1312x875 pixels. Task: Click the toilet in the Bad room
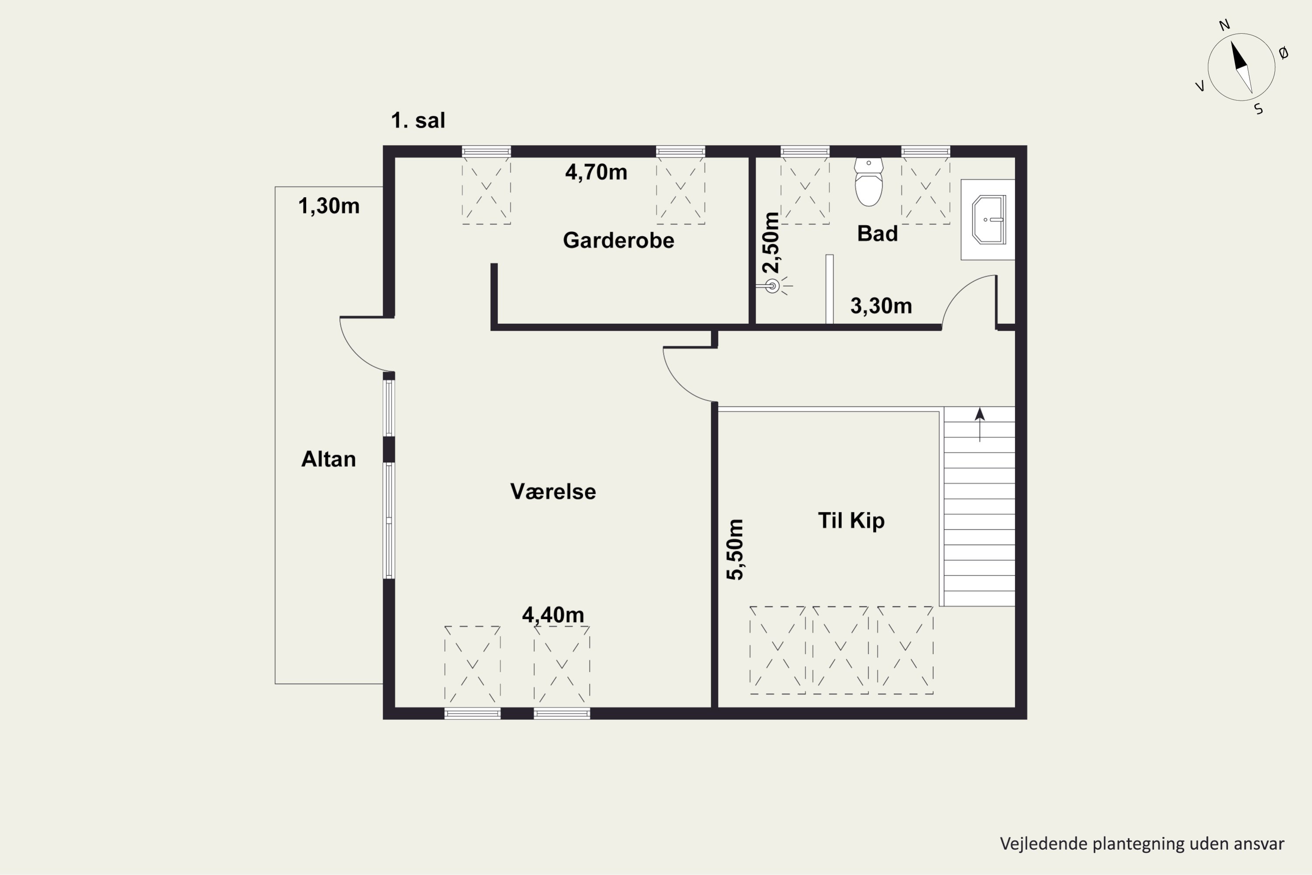(869, 182)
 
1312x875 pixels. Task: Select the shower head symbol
(774, 286)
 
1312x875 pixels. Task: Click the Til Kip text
(851, 521)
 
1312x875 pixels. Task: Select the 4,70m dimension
(597, 172)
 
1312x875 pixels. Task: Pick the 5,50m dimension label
(735, 549)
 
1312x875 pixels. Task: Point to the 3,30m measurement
(881, 306)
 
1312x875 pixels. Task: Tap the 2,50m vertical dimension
(771, 242)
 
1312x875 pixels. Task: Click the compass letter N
(1225, 25)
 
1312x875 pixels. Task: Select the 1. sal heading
(418, 121)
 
